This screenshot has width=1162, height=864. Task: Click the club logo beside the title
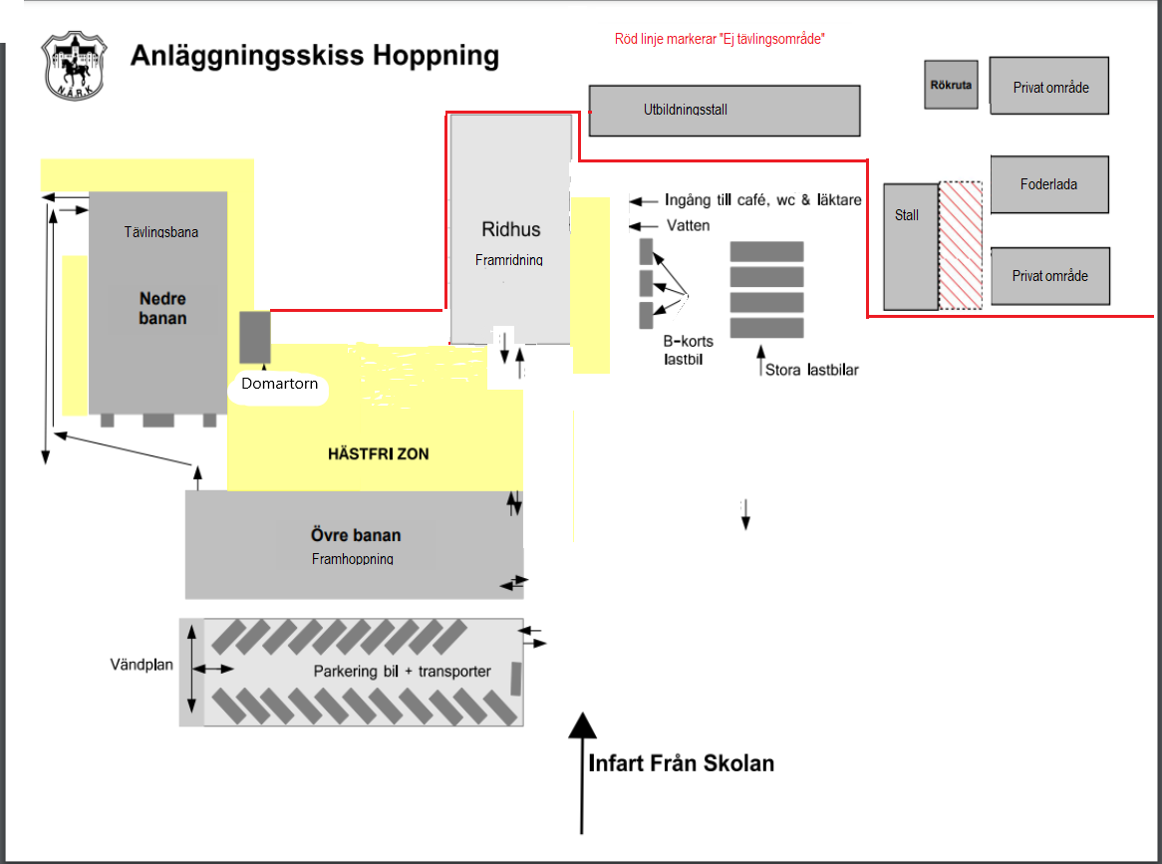tap(74, 65)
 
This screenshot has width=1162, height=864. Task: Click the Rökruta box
tap(951, 85)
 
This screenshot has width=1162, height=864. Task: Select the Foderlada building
tap(1049, 184)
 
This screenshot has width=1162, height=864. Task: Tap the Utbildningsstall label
tap(686, 110)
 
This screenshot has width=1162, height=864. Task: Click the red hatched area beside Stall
tap(961, 245)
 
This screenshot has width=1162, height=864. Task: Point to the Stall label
tap(906, 215)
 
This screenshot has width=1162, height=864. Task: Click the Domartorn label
tap(279, 383)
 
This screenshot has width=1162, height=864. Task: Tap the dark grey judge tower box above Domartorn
tap(255, 337)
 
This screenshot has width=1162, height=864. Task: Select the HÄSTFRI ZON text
tap(378, 453)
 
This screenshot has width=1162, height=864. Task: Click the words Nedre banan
tap(163, 308)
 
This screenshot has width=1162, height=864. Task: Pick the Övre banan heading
tap(356, 535)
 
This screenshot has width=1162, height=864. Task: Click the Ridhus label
tap(511, 229)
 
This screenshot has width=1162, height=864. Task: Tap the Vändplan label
tap(142, 665)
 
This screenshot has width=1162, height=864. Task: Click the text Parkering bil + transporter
tap(402, 672)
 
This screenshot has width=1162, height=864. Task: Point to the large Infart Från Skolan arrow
tap(582, 773)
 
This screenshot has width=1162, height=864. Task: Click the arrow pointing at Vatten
tap(643, 226)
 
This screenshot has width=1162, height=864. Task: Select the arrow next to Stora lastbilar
tap(760, 361)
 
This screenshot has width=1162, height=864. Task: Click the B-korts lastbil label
tap(689, 351)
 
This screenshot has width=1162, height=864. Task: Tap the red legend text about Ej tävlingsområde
tap(720, 39)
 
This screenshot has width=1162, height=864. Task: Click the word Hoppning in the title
tap(436, 56)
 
